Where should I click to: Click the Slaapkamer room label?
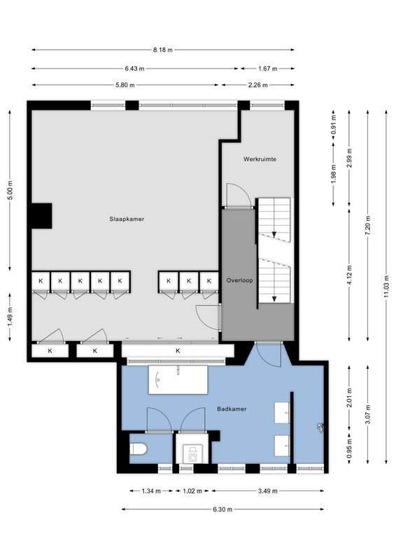click(x=127, y=219)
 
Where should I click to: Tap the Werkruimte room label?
click(x=260, y=159)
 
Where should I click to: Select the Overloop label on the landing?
click(x=239, y=280)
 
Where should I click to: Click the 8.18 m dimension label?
click(x=162, y=50)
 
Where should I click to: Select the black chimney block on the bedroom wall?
click(x=41, y=215)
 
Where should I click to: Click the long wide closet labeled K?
click(x=178, y=351)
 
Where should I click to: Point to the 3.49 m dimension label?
click(x=267, y=491)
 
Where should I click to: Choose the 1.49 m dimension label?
click(x=10, y=315)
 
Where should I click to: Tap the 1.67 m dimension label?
click(x=267, y=68)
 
